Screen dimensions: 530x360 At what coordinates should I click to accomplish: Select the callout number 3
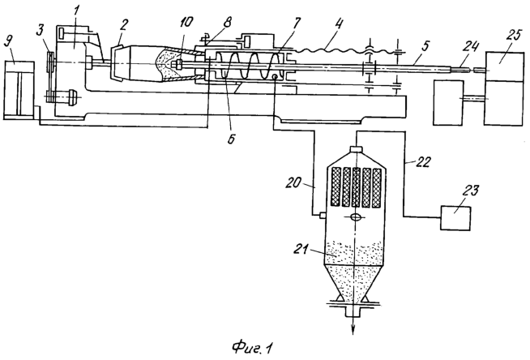tap(41, 31)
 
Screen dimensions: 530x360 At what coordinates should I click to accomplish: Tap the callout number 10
tap(186, 23)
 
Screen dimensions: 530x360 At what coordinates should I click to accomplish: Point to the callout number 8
tap(227, 23)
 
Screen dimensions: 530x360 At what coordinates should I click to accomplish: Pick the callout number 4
tap(339, 24)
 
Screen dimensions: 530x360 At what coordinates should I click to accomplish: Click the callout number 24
tap(471, 46)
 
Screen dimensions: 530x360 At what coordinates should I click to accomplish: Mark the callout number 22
tap(423, 162)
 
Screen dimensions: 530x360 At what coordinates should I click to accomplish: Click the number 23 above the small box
tap(471, 191)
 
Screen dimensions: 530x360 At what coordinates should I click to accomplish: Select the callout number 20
tap(293, 183)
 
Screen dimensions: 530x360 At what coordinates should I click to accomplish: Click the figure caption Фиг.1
tap(252, 348)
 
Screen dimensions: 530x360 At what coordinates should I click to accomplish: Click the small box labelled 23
tap(455, 218)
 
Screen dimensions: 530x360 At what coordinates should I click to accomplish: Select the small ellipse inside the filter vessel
tap(355, 217)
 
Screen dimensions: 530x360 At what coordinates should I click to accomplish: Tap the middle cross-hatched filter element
tap(357, 187)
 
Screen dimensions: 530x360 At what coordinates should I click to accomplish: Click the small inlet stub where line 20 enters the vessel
tap(322, 216)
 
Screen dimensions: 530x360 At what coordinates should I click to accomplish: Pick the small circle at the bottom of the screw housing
tap(276, 77)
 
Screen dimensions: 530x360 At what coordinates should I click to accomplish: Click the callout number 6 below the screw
tap(231, 139)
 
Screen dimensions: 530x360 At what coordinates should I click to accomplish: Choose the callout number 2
tap(125, 24)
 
